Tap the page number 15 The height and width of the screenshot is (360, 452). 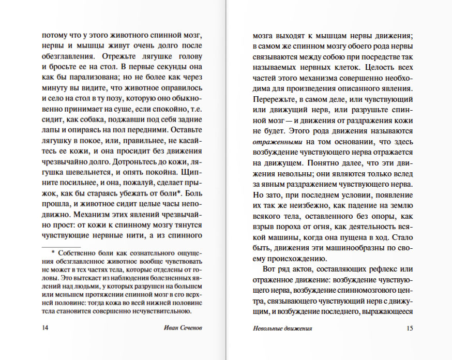[410, 328]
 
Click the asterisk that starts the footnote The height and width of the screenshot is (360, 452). [53, 253]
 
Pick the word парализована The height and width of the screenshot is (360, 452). [82, 78]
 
